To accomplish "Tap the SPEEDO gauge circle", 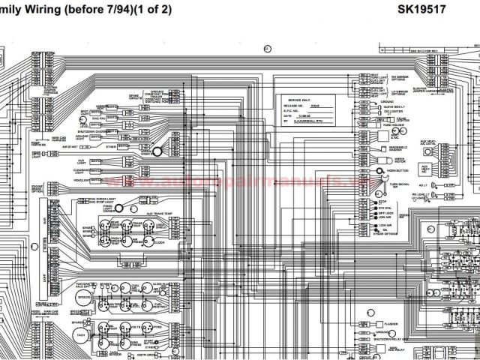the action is coord(84,298).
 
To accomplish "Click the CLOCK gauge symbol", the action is coord(159,243).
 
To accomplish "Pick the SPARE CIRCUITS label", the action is coord(134,97).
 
